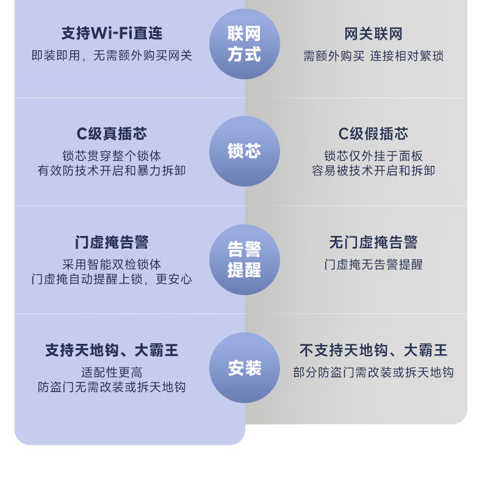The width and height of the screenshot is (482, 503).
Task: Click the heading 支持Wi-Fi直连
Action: pyautogui.click(x=112, y=34)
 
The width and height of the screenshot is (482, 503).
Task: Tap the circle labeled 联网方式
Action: pyautogui.click(x=244, y=44)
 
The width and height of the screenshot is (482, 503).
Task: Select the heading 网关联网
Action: pyautogui.click(x=373, y=34)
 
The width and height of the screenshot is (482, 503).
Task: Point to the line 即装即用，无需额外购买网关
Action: pyautogui.click(x=112, y=55)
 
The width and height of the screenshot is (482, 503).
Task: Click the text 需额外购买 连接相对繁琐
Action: pyautogui.click(x=373, y=56)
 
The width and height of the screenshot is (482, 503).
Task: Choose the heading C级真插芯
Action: pyautogui.click(x=112, y=134)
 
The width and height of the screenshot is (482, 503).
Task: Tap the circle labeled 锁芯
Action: pyautogui.click(x=244, y=151)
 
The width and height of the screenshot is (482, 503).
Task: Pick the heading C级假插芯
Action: pyautogui.click(x=373, y=134)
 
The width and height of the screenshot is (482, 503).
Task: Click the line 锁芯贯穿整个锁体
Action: pyautogui.click(x=112, y=156)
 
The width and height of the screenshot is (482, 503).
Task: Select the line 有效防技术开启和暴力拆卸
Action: pyautogui.click(x=112, y=171)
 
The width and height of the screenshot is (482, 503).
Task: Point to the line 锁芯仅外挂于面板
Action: pyautogui.click(x=373, y=156)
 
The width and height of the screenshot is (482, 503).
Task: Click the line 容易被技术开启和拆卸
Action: pyautogui.click(x=373, y=171)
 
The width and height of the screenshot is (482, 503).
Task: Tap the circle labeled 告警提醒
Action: pyautogui.click(x=244, y=259)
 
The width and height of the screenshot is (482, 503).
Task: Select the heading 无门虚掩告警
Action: pyautogui.click(x=373, y=243)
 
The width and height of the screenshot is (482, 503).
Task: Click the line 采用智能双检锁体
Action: pyautogui.click(x=112, y=265)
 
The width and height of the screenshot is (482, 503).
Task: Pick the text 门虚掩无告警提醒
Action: pyautogui.click(x=373, y=265)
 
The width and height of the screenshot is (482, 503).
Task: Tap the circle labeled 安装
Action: pyautogui.click(x=244, y=368)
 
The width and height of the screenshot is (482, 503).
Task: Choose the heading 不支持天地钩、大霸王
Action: pyautogui.click(x=373, y=351)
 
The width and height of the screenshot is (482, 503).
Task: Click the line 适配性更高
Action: pyautogui.click(x=112, y=373)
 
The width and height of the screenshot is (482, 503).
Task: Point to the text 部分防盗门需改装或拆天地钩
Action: pyautogui.click(x=373, y=373)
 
